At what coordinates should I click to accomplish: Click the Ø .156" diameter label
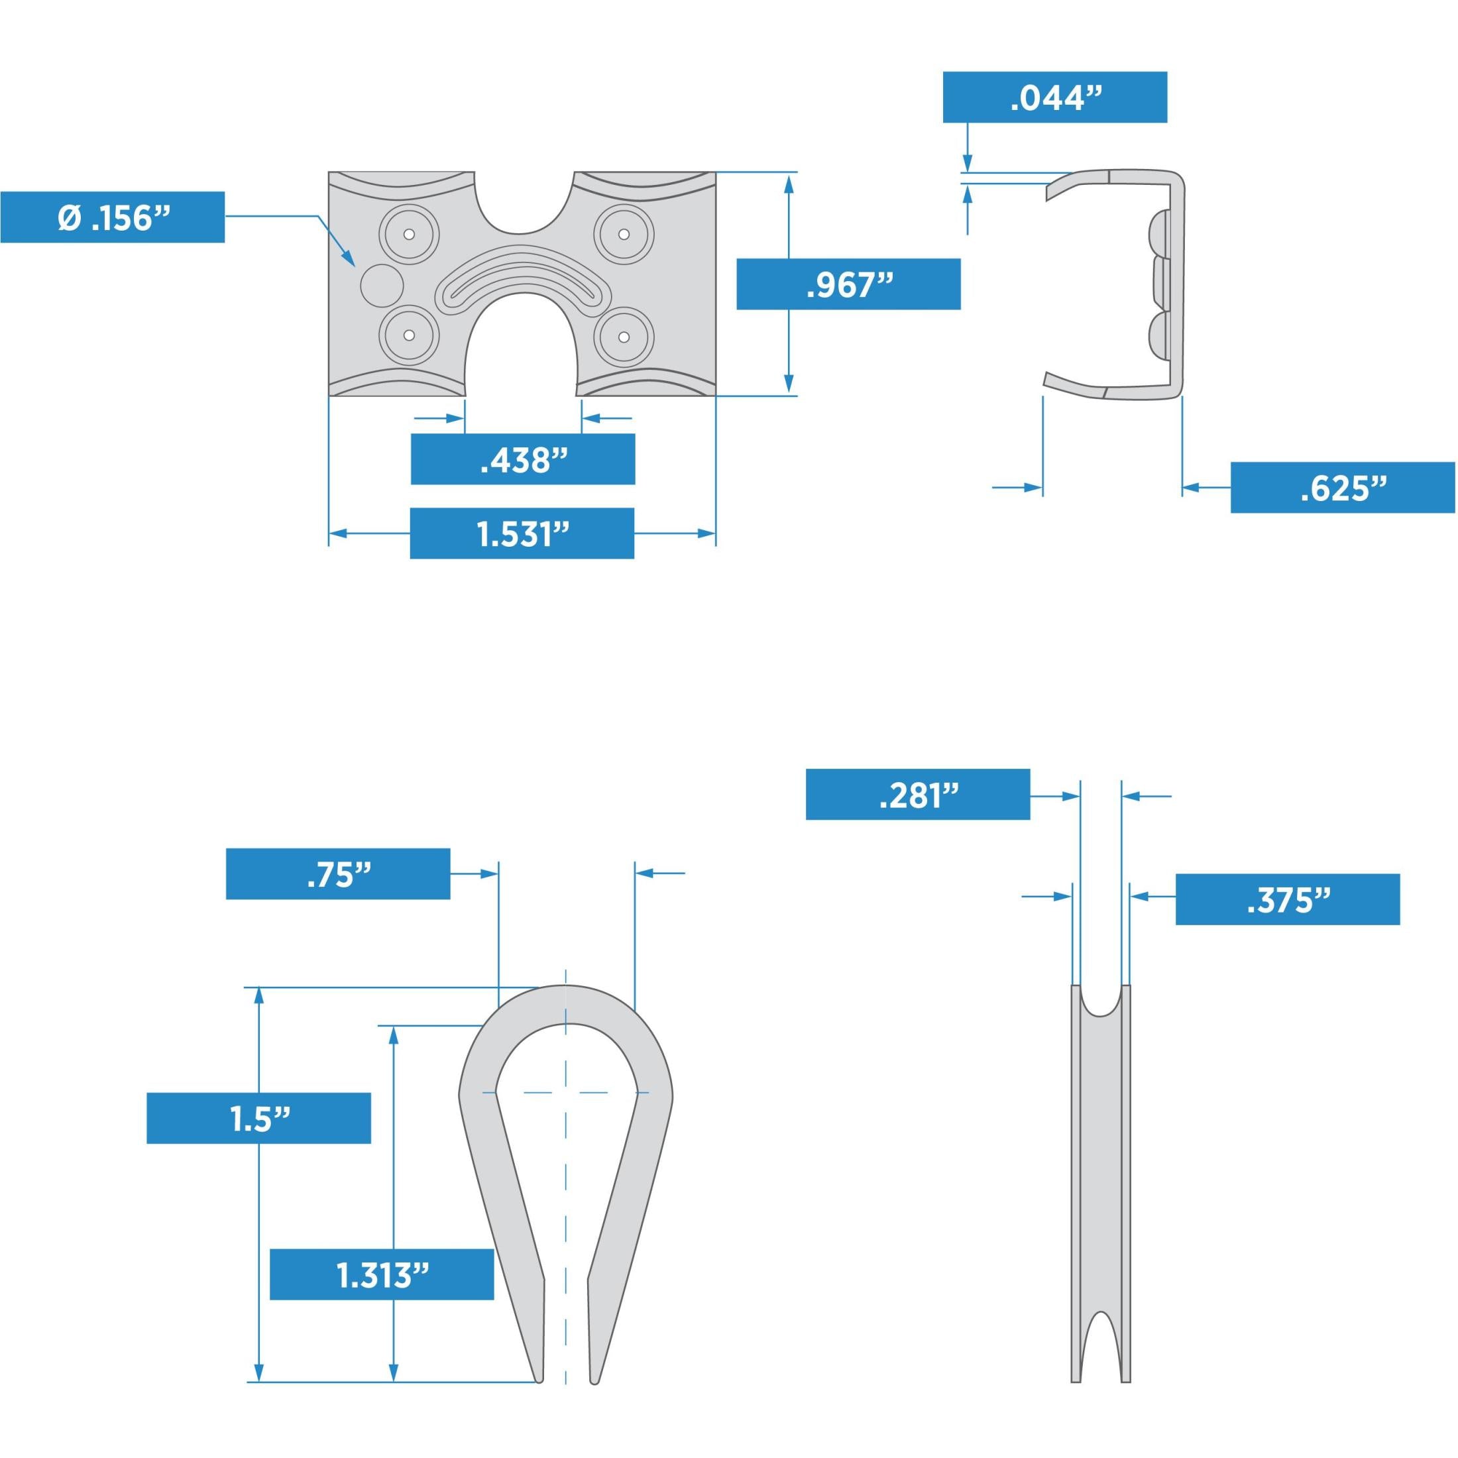click(113, 217)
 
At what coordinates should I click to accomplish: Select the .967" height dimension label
click(848, 284)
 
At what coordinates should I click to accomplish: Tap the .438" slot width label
click(523, 459)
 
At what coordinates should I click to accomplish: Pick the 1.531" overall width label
click(522, 533)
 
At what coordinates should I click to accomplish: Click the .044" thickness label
click(1055, 97)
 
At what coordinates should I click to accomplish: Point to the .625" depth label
click(1343, 488)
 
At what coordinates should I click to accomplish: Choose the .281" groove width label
click(918, 795)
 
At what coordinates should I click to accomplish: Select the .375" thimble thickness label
click(1288, 899)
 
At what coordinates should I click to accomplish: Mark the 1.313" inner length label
click(382, 1274)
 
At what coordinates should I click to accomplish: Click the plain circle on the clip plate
click(382, 284)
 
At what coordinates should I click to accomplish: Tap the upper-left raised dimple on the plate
click(409, 233)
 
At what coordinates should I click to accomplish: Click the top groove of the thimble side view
click(1101, 1000)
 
